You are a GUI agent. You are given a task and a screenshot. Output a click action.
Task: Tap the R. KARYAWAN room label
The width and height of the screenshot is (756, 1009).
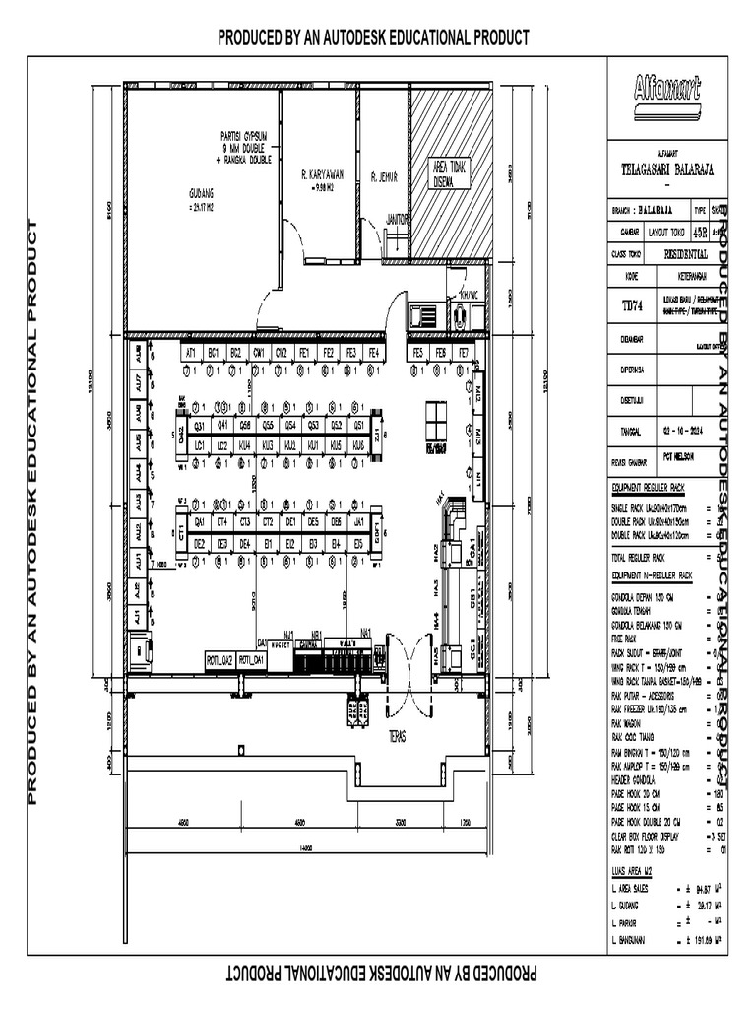[x=320, y=178]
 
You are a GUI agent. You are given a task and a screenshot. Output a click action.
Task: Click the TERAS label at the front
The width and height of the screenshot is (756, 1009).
[x=398, y=735]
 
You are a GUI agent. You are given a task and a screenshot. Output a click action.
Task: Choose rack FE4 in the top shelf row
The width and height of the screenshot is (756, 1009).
[x=373, y=352]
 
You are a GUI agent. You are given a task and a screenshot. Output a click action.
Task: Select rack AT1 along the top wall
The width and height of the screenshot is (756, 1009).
[x=190, y=352]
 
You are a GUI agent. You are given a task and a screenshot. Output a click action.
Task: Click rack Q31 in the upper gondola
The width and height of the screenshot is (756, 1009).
[x=199, y=426]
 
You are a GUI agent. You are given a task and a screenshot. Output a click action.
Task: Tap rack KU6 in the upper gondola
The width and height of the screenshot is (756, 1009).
[x=359, y=445]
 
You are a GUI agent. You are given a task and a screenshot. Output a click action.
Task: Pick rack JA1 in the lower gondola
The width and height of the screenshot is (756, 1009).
[x=359, y=522]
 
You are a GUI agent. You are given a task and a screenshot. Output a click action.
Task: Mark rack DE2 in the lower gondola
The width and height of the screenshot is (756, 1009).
[x=199, y=543]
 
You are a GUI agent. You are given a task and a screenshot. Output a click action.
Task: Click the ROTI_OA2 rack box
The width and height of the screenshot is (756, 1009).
[x=219, y=659]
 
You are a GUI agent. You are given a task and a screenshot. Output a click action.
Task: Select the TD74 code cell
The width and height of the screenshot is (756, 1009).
[x=631, y=306]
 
